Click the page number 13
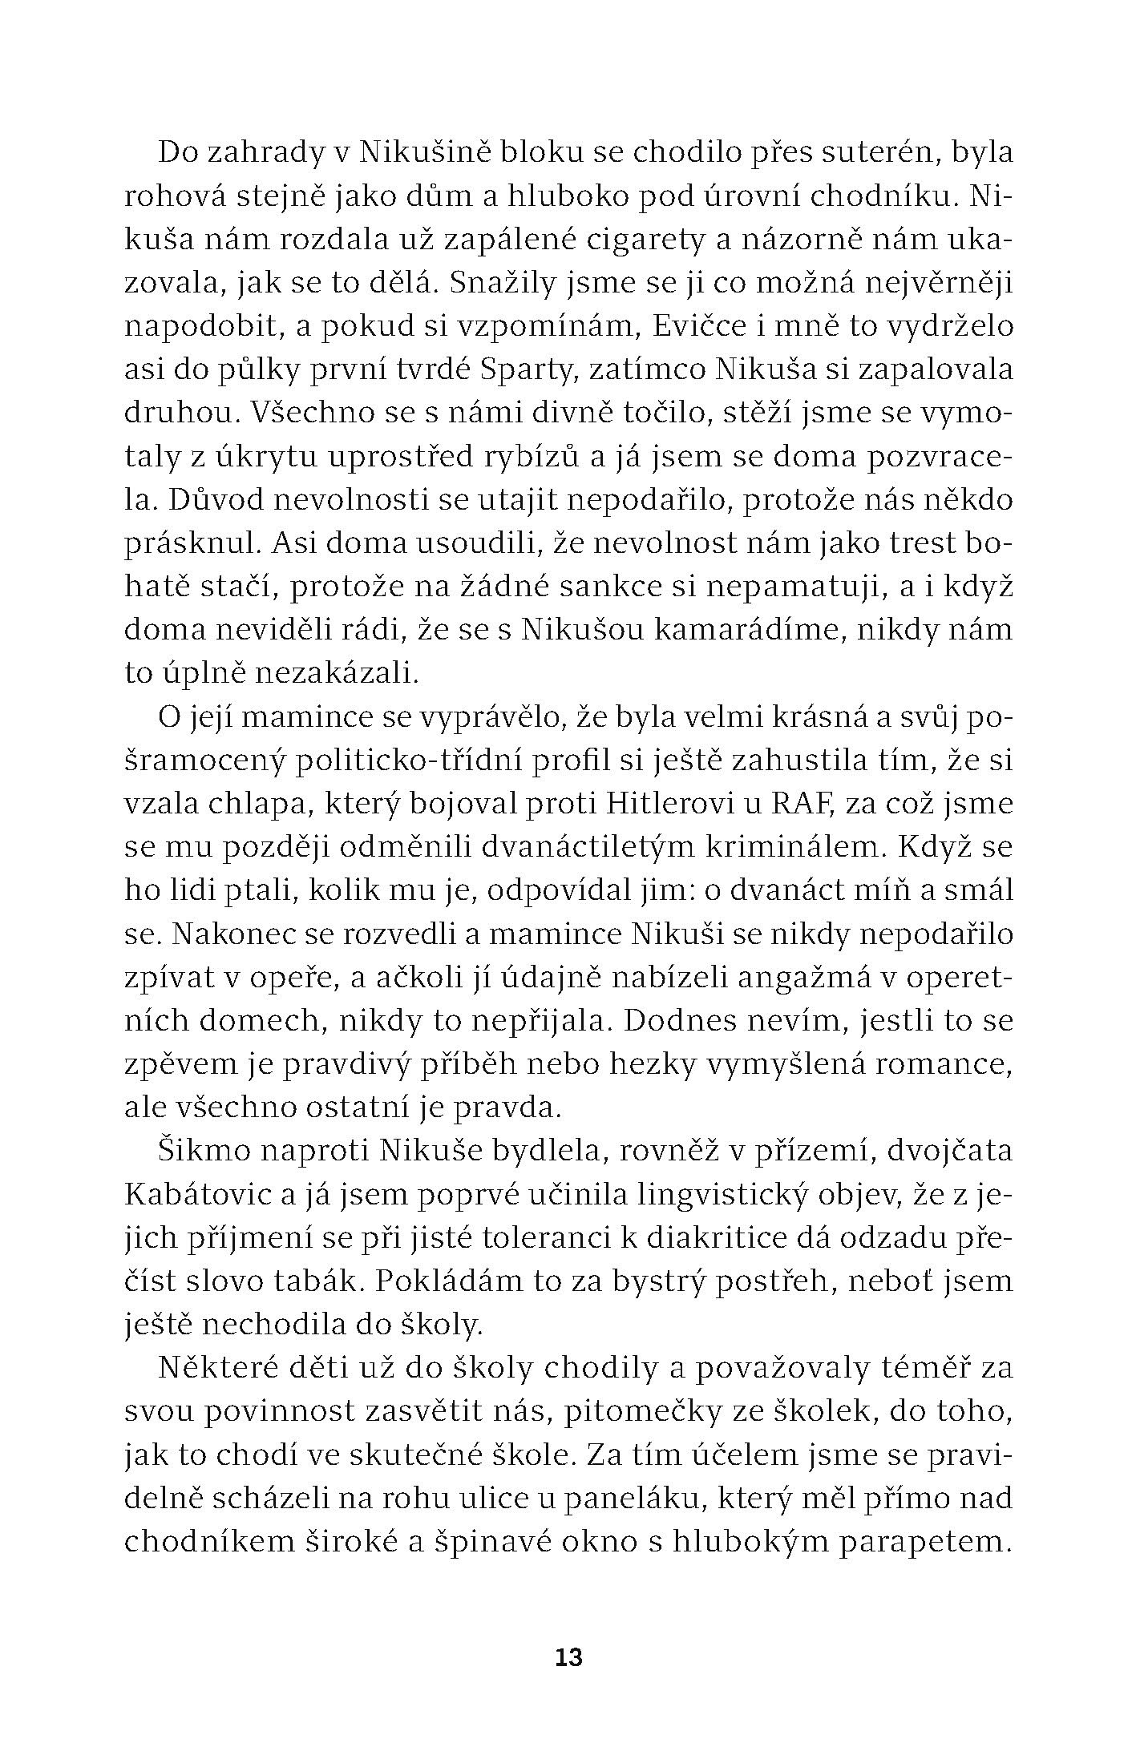[568, 1657]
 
